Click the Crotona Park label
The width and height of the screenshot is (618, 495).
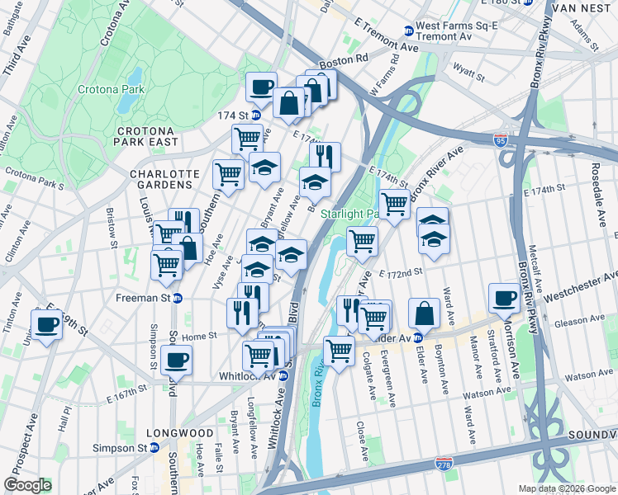112,89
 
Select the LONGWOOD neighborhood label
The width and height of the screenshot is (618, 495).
179,433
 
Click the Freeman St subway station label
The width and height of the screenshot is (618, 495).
149,298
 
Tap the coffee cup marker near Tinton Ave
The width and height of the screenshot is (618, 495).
47,323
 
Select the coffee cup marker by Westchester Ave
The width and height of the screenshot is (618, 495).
504,297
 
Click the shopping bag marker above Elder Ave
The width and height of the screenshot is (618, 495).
424,312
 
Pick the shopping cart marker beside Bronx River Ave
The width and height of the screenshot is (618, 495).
394,203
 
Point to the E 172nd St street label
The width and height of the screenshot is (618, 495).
401,271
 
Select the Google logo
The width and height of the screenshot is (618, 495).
27,485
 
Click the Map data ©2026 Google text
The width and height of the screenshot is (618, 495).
566,488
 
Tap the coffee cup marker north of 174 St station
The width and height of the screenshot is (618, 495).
261,86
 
